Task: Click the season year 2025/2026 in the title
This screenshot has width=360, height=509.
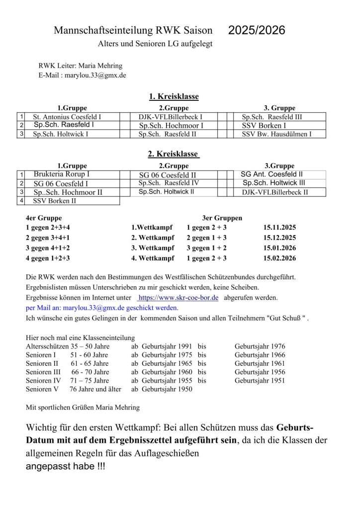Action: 257,30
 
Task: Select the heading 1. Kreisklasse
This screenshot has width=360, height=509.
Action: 174,96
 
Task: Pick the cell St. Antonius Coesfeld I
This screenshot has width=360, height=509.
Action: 67,117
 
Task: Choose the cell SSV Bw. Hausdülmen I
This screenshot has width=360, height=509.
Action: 276,134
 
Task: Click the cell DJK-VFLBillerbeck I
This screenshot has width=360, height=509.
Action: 171,117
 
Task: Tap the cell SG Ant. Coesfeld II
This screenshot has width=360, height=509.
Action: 271,174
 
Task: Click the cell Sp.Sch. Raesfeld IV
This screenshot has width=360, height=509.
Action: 169,183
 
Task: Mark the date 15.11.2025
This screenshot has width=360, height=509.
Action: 279,227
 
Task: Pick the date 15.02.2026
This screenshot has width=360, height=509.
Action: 279,258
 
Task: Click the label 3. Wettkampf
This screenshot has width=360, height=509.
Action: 153,248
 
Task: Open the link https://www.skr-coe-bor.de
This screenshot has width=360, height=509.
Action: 178,298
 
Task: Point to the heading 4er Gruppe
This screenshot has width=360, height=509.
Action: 44,218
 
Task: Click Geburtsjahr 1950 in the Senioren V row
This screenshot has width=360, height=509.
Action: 167,389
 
